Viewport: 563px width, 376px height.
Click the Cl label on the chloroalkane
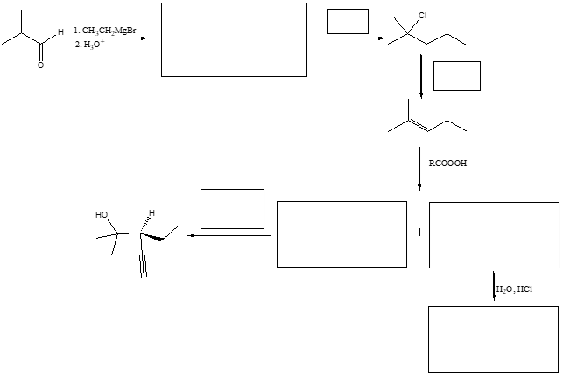(422, 16)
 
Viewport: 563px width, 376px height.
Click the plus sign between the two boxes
(419, 233)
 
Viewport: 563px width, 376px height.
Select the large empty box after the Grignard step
(234, 39)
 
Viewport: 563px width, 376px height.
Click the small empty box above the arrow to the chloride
(348, 22)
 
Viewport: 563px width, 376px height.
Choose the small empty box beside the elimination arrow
(456, 76)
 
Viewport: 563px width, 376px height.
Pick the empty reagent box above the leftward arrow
(232, 208)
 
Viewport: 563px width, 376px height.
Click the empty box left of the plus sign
(341, 233)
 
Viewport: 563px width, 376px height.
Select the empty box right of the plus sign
(494, 233)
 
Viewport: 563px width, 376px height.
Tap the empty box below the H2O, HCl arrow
(493, 339)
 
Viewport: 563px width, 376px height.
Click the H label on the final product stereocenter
(151, 213)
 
